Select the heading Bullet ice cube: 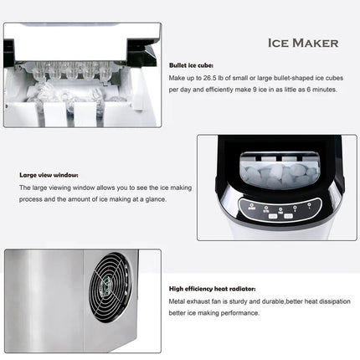pos(190,64)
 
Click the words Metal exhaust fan pos(193,300)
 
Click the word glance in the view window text pos(157,199)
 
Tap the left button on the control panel pos(272,216)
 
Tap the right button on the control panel pos(287,216)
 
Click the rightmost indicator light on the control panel pos(308,204)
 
